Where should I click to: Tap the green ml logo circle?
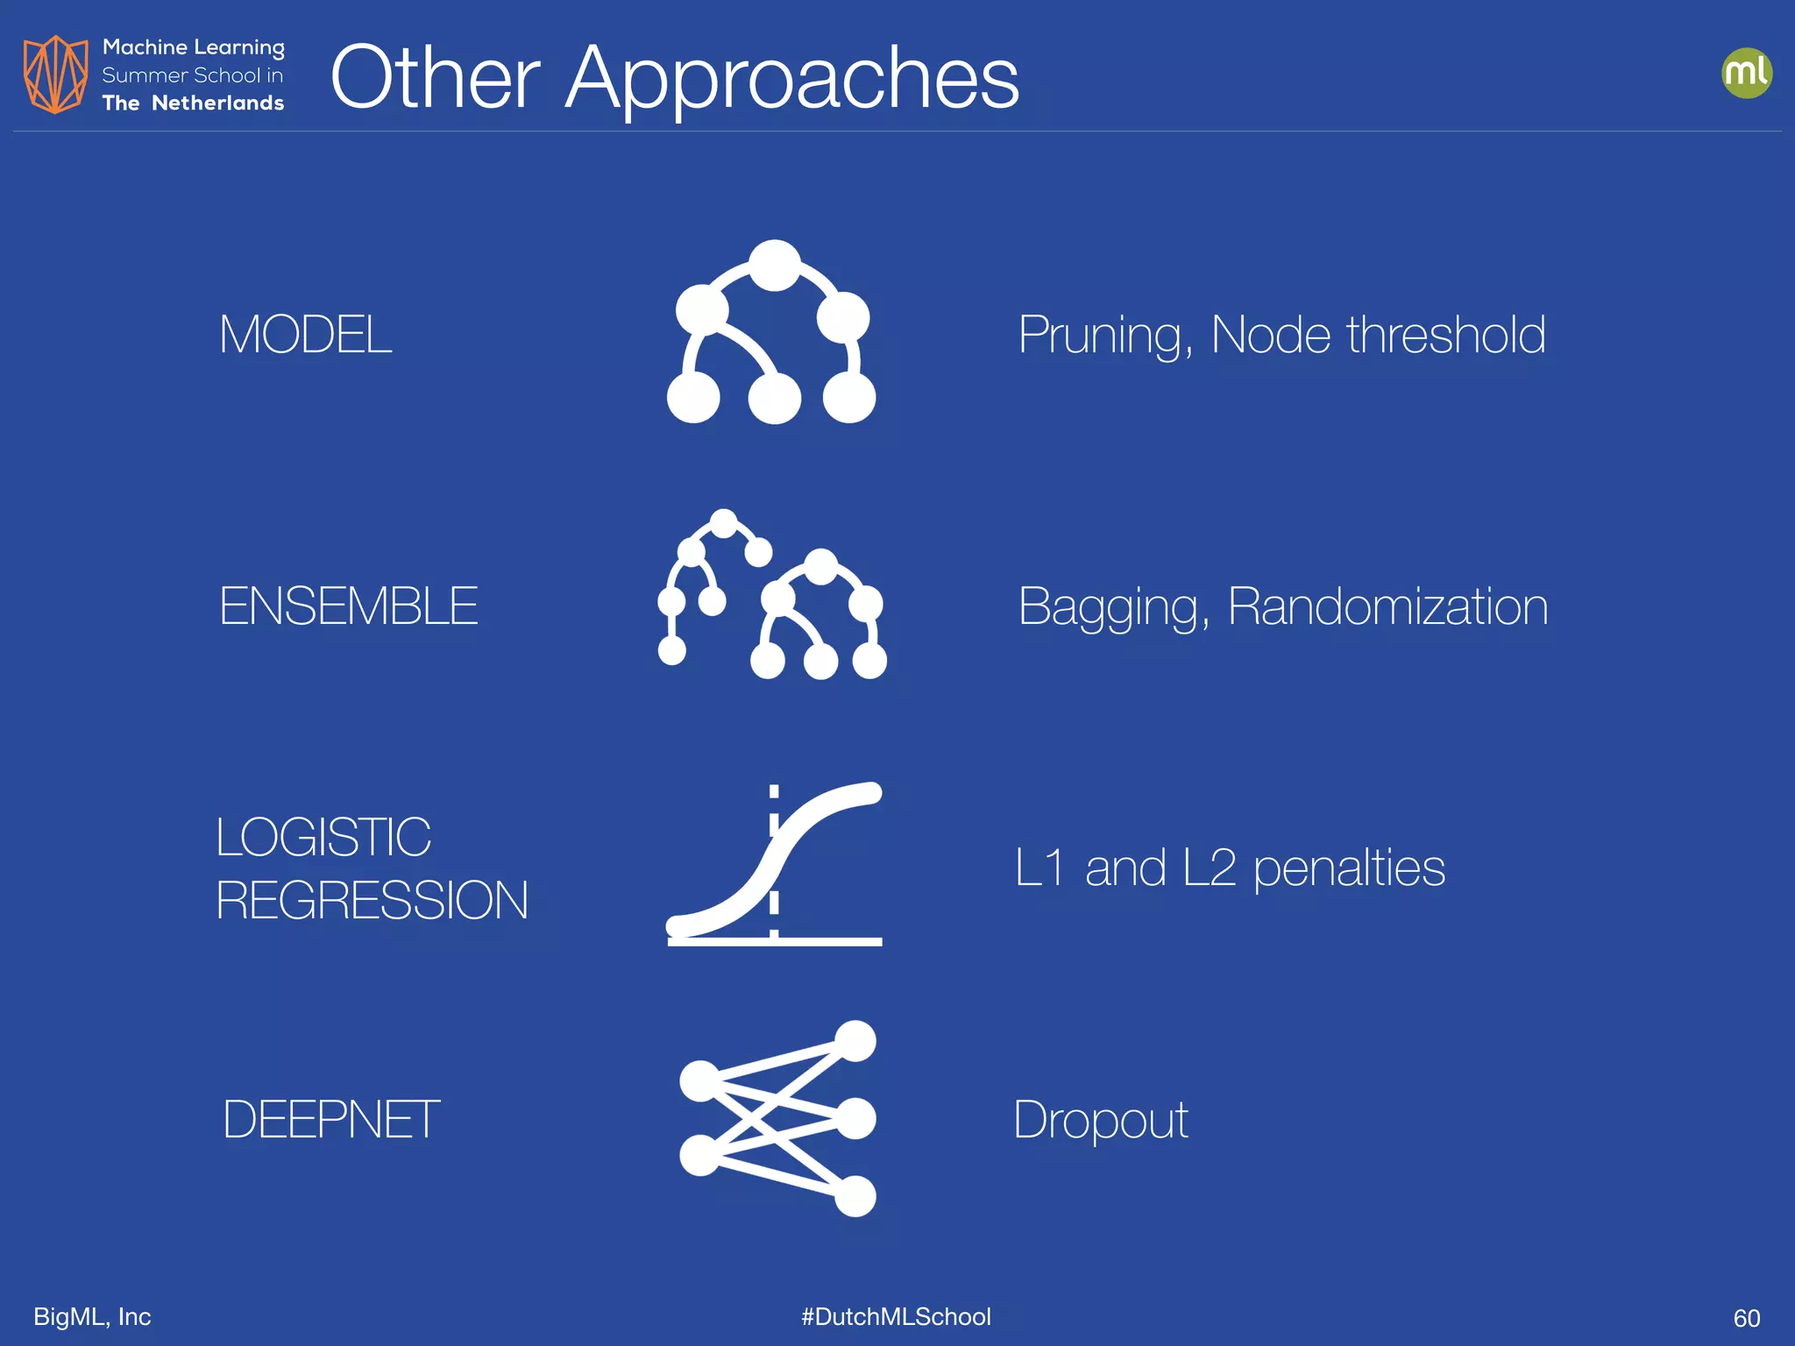[x=1746, y=73]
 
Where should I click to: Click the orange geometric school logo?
[x=55, y=74]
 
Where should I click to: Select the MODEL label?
[x=305, y=335]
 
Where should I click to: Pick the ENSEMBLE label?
[x=348, y=606]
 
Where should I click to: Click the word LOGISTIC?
[x=323, y=837]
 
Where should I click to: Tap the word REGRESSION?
[x=372, y=901]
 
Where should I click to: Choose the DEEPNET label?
[x=330, y=1120]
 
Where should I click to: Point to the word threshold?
[x=1446, y=335]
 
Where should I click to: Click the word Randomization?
[x=1387, y=606]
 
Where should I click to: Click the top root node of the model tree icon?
[x=775, y=265]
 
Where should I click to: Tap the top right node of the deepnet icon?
[x=855, y=1041]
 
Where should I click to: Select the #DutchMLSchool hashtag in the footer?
[x=896, y=1317]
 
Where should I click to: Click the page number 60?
[x=1746, y=1318]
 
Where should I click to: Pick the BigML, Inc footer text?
[x=92, y=1317]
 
